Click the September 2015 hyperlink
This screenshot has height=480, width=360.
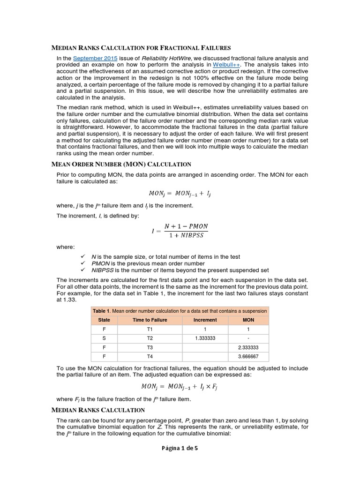click(x=90, y=58)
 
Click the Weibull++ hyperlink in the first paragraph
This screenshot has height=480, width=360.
click(x=227, y=64)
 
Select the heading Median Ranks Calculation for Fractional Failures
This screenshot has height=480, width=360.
click(x=141, y=47)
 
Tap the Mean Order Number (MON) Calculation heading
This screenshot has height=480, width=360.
click(x=121, y=164)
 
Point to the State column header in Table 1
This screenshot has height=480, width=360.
click(x=104, y=320)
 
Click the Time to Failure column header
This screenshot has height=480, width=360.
click(x=150, y=320)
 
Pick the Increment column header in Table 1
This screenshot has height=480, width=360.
click(x=205, y=320)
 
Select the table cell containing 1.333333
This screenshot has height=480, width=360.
click(x=205, y=338)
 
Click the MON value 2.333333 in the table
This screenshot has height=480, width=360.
click(x=248, y=348)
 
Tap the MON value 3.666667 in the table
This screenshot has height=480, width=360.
click(x=248, y=357)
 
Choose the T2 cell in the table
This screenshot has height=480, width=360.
click(x=150, y=338)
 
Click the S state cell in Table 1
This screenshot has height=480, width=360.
click(x=104, y=338)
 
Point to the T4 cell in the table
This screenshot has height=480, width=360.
click(x=150, y=357)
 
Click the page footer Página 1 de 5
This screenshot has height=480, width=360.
click(x=180, y=448)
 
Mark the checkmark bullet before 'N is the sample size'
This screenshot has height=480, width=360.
click(x=82, y=256)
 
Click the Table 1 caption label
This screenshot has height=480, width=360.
click(x=101, y=311)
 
